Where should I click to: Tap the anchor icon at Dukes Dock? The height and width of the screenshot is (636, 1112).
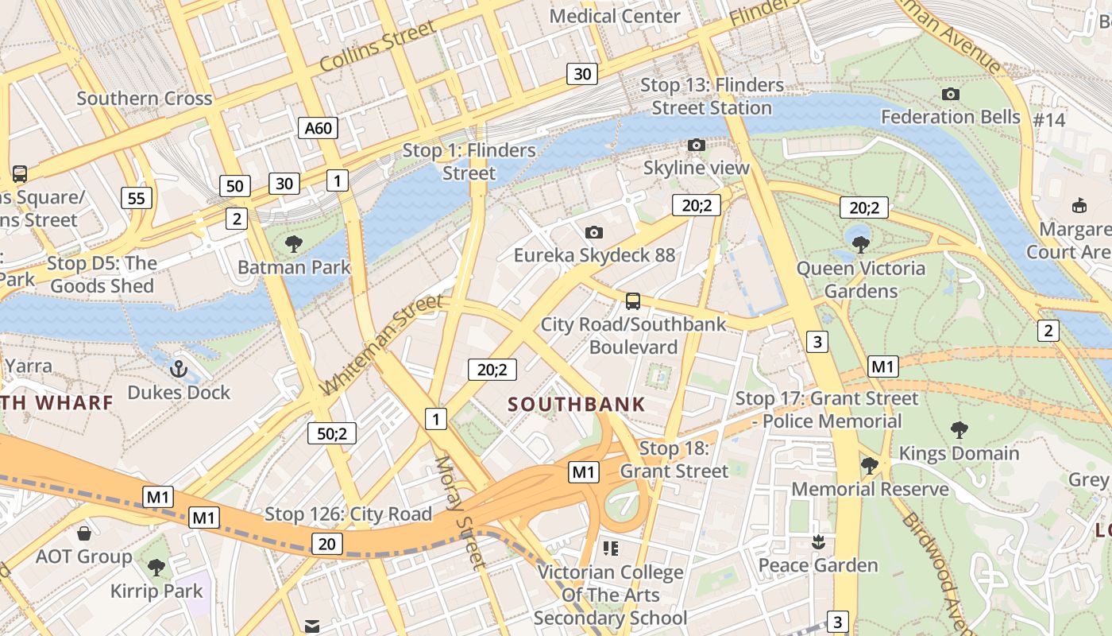(179, 369)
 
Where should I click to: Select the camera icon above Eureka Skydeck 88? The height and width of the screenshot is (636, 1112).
(593, 232)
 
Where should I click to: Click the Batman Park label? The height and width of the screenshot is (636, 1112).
(294, 267)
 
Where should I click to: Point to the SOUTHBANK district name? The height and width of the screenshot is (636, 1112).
(577, 405)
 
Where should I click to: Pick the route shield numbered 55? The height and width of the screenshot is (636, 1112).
(137, 198)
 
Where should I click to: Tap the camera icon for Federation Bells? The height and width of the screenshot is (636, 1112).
(950, 95)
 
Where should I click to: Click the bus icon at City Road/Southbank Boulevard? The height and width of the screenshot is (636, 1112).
(633, 301)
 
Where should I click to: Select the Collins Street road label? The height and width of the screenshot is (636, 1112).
(378, 47)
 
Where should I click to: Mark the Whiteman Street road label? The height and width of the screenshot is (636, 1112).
(380, 345)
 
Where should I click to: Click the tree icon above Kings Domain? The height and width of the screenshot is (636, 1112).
(959, 430)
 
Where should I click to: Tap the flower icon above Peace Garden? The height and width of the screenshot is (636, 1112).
(817, 542)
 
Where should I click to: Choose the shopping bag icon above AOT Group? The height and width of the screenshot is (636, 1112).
(83, 533)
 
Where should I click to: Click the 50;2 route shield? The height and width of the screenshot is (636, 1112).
(332, 433)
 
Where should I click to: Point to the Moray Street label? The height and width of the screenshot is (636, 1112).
(459, 513)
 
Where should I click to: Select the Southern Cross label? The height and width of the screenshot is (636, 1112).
(145, 99)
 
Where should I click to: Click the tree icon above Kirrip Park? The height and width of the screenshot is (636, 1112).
(156, 567)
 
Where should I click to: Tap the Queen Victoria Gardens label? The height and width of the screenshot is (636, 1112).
(861, 280)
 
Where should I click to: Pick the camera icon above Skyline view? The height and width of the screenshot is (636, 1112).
(697, 145)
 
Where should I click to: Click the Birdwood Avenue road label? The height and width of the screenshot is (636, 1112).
(937, 572)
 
